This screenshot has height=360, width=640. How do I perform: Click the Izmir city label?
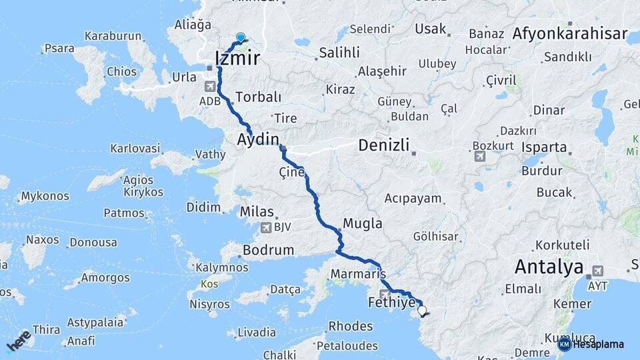click(x=237, y=59)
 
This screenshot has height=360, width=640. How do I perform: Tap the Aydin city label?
click(x=257, y=139)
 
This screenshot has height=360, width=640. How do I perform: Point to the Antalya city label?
click(x=549, y=267)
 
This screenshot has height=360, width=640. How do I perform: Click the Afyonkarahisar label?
click(x=571, y=34)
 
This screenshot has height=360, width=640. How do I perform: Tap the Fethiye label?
click(x=392, y=303)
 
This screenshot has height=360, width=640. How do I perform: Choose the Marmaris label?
click(x=358, y=274)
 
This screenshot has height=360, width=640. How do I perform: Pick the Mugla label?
click(x=363, y=223)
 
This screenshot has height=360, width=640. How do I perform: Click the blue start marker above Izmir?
click(x=240, y=39)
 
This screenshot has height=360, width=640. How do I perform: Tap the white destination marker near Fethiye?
click(x=421, y=310)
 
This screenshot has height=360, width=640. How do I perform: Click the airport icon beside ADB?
click(x=211, y=86)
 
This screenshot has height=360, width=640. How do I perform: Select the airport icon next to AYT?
click(x=597, y=271)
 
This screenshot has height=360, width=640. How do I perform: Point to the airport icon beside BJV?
click(x=267, y=229)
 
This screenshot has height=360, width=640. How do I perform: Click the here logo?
click(x=19, y=340)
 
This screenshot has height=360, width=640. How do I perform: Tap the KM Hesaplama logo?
click(x=591, y=344)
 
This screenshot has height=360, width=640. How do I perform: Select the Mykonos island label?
click(x=45, y=197)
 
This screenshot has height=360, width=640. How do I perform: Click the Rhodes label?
click(x=351, y=326)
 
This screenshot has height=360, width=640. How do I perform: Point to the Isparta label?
click(x=544, y=148)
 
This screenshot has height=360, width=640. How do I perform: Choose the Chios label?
click(x=121, y=72)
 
